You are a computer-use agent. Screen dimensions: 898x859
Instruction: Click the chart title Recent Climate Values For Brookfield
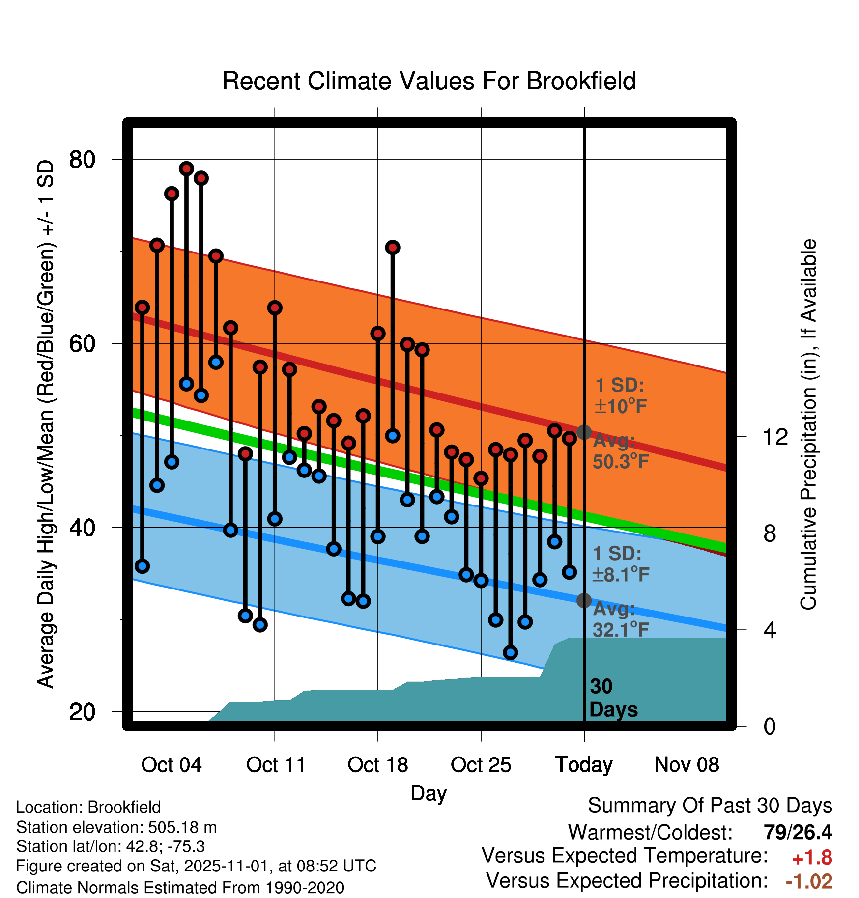[429, 81]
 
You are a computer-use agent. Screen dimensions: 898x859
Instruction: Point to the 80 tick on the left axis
[82, 159]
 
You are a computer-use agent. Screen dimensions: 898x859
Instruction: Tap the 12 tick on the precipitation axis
[775, 437]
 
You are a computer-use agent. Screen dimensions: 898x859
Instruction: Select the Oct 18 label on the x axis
[377, 765]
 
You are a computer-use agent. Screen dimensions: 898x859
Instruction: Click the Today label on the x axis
[584, 765]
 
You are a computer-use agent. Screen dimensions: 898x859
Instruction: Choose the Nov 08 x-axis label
[687, 765]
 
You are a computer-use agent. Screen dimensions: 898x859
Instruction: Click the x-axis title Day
[429, 793]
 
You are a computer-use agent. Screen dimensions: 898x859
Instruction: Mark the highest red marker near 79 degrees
[186, 168]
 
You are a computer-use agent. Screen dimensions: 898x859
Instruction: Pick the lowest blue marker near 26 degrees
[510, 652]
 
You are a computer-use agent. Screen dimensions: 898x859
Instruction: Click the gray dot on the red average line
[584, 432]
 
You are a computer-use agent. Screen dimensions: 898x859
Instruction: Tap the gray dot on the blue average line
[584, 600]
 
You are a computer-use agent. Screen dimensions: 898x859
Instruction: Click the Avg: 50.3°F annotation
[620, 451]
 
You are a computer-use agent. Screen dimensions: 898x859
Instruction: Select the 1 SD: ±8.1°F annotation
[620, 564]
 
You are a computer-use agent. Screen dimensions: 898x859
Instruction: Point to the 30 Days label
[613, 698]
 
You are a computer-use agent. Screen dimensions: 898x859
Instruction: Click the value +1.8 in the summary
[812, 858]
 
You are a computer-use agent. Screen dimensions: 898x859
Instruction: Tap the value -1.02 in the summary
[809, 881]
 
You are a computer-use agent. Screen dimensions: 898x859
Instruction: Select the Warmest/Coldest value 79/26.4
[798, 832]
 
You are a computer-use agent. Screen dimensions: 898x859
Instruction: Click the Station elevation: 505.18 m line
[116, 827]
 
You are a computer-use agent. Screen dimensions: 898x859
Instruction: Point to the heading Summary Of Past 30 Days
[710, 806]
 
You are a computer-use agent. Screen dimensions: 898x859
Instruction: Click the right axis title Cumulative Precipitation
[808, 424]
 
